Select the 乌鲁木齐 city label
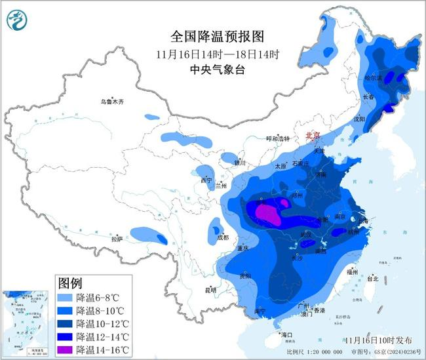(112, 102)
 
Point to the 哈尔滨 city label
(372, 78)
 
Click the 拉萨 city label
(117, 240)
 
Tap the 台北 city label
(373, 278)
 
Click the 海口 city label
(286, 335)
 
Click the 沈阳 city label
(358, 119)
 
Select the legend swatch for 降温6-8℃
(66, 297)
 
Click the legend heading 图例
(70, 283)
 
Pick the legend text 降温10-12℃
(101, 323)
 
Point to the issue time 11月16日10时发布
(379, 340)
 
